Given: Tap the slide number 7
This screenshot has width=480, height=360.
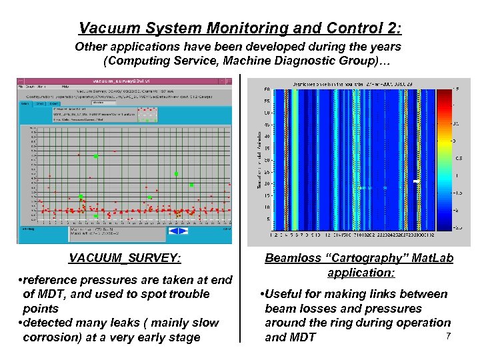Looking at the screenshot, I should [449, 335].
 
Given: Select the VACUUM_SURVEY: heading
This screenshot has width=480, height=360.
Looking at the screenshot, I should [125, 259].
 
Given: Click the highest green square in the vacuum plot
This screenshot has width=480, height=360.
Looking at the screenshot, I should [96, 156].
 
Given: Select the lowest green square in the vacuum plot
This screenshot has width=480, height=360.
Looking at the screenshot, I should [95, 216].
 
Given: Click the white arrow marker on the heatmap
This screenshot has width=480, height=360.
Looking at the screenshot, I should [416, 181].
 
